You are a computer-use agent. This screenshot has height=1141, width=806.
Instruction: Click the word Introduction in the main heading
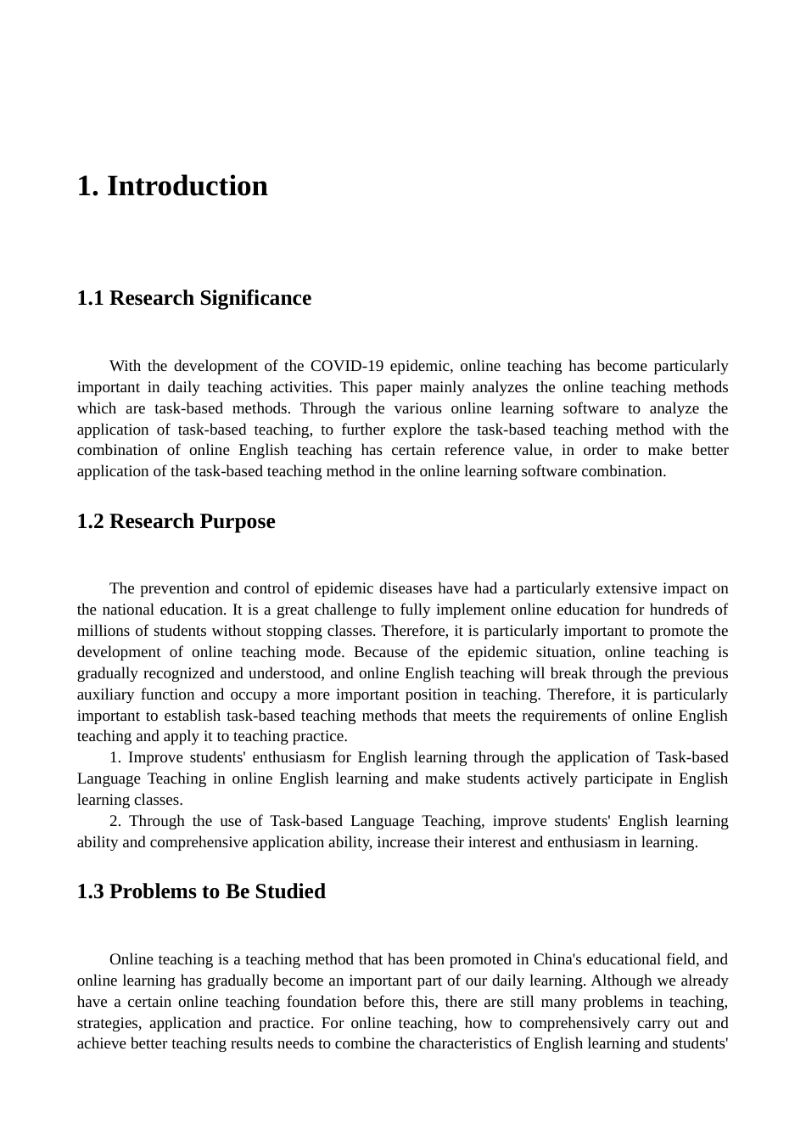coord(187,186)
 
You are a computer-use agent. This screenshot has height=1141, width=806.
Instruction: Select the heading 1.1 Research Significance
coord(193,298)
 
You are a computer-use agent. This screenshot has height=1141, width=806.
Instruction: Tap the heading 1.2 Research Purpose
coord(176,521)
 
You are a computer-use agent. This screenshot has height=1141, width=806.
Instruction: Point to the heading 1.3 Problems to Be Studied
coord(201,891)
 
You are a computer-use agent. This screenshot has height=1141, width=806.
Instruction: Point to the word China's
coord(557,959)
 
